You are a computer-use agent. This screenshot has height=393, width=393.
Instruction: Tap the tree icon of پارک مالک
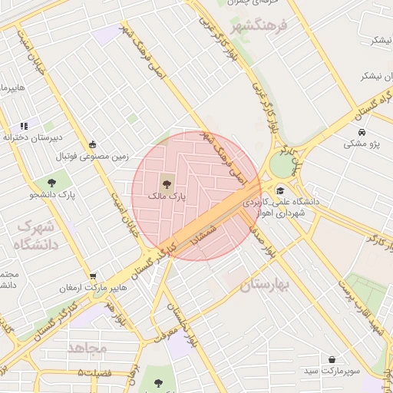(x=165, y=183)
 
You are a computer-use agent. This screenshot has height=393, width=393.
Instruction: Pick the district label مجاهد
(x=87, y=348)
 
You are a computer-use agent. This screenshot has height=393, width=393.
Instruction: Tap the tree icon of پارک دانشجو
(x=51, y=183)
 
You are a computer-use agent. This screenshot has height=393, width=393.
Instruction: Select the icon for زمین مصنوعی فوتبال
(x=93, y=144)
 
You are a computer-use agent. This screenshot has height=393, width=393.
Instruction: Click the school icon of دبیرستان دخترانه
(x=24, y=125)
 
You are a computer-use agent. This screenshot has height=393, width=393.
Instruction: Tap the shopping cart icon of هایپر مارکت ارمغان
(x=93, y=276)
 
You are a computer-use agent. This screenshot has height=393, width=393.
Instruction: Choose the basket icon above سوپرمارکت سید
(x=332, y=359)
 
